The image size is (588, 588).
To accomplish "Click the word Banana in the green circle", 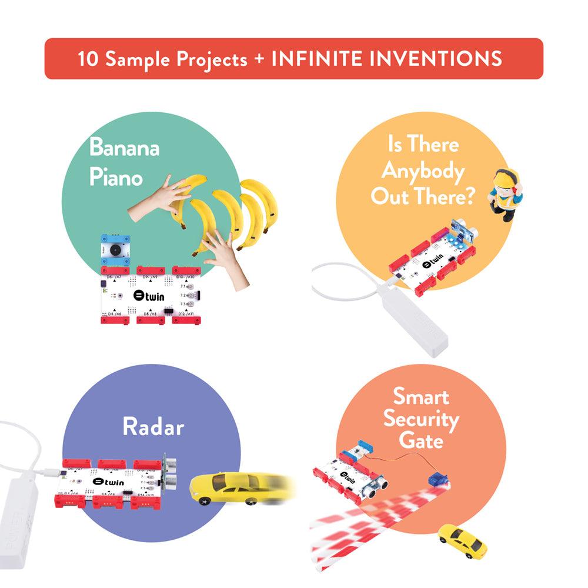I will click(x=124, y=147).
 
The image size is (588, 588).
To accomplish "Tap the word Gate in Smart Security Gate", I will click(x=421, y=439).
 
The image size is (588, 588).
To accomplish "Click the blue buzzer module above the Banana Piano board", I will click(x=116, y=250).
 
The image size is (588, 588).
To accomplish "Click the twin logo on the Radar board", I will click(x=110, y=482).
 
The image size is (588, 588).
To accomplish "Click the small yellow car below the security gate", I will click(x=462, y=540).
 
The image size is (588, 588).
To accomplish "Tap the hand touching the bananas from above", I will click(x=156, y=197).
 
